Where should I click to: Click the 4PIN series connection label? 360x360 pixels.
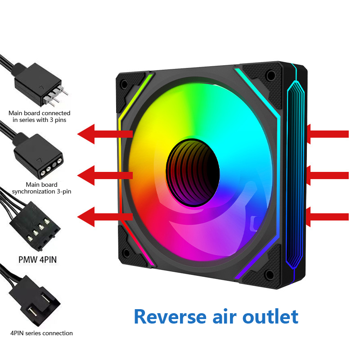(x=41, y=333)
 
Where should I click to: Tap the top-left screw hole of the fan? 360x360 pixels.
(x=124, y=83)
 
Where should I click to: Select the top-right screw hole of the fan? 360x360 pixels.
(x=270, y=75)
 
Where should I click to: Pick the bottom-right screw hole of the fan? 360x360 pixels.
(x=270, y=275)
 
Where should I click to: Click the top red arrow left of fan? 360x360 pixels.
(x=104, y=134)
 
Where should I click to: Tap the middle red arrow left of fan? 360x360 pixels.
(x=104, y=175)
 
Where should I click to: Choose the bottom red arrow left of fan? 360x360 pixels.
(x=104, y=217)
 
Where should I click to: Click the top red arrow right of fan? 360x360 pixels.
(x=327, y=134)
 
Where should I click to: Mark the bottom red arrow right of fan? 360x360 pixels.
(x=327, y=217)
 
